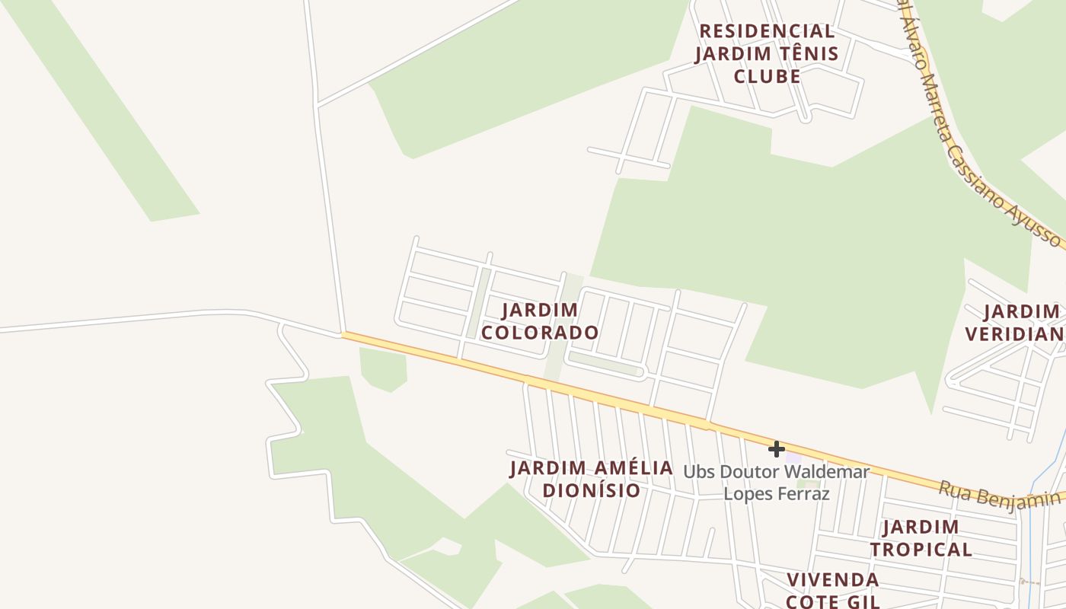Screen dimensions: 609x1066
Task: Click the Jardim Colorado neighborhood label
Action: tap(541, 321)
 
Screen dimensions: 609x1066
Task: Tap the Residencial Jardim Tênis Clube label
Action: tap(767, 53)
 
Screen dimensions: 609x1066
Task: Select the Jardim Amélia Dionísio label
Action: tap(592, 479)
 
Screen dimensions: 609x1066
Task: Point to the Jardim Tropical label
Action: tap(921, 537)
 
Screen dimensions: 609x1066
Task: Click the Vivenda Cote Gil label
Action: tap(833, 590)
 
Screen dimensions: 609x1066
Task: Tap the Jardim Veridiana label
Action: tap(1017, 322)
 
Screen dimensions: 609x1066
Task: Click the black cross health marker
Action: tap(776, 449)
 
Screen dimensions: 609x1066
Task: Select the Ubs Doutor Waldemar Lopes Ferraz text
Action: tap(776, 482)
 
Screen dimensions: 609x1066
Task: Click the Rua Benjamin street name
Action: tap(999, 494)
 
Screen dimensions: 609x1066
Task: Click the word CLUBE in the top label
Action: tap(767, 76)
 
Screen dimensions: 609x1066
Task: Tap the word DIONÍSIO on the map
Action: tap(592, 490)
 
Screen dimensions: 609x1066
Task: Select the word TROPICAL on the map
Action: tap(921, 549)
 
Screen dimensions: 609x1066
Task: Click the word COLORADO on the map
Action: tap(541, 333)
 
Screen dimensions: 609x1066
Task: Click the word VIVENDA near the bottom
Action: tap(833, 579)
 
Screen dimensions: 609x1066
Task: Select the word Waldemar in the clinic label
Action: tap(829, 471)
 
